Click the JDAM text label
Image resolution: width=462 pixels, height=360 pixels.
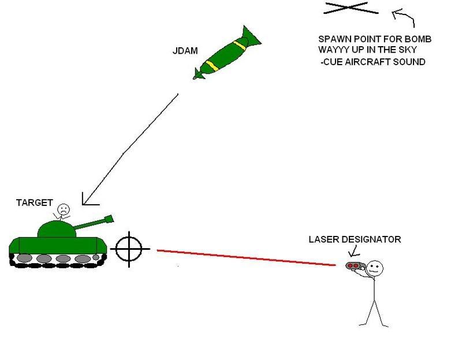pyautogui.click(x=185, y=51)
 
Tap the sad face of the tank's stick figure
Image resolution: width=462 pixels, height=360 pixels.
pyautogui.click(x=62, y=207)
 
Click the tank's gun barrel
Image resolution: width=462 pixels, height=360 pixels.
pyautogui.click(x=95, y=224)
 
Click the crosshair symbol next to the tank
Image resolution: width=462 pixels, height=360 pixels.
pyautogui.click(x=129, y=249)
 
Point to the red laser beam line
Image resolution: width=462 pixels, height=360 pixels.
pyautogui.click(x=245, y=257)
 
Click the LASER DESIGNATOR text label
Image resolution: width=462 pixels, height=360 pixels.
pyautogui.click(x=355, y=239)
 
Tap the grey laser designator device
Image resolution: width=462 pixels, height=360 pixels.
pyautogui.click(x=354, y=266)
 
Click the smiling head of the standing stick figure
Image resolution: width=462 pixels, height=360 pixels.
pyautogui.click(x=374, y=267)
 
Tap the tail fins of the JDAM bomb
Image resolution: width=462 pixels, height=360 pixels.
pyautogui.click(x=200, y=73)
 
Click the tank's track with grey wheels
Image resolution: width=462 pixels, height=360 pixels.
pyautogui.click(x=58, y=258)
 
